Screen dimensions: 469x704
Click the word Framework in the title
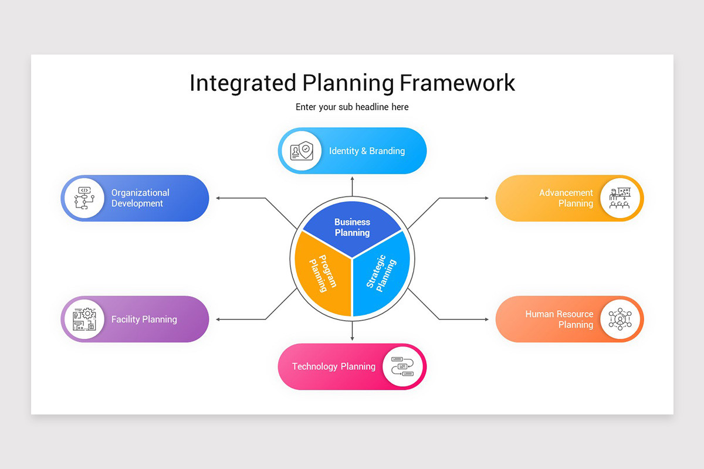point(457,83)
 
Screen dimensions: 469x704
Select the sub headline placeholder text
point(352,107)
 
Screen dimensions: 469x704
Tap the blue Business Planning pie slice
point(352,226)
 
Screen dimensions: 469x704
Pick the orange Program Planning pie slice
point(320,273)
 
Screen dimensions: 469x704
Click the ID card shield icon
point(300,151)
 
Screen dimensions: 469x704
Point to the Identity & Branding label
point(367,151)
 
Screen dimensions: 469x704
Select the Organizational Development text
point(140,198)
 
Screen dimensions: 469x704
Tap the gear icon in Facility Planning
point(87,314)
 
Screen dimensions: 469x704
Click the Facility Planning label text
point(144,320)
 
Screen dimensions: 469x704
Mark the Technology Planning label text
point(333,366)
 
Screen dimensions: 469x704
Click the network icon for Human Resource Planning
point(620,319)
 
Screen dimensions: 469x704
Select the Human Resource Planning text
point(559,319)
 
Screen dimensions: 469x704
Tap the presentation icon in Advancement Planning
point(620,198)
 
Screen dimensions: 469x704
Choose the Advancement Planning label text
point(566,198)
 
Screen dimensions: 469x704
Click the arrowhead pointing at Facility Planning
point(218,320)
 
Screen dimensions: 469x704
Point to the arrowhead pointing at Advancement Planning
point(486,198)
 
